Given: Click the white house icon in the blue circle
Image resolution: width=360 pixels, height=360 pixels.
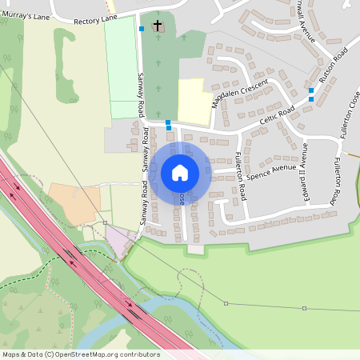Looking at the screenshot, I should coord(180,172).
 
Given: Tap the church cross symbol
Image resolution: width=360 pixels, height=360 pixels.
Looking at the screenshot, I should coord(158,26).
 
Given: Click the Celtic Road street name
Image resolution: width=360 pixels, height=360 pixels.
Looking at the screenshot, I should coord(277,120).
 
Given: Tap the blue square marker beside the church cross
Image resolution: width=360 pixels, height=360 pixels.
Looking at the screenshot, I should coord(142,29).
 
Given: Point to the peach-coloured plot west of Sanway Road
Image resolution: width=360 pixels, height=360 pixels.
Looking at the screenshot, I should coord(74,204).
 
